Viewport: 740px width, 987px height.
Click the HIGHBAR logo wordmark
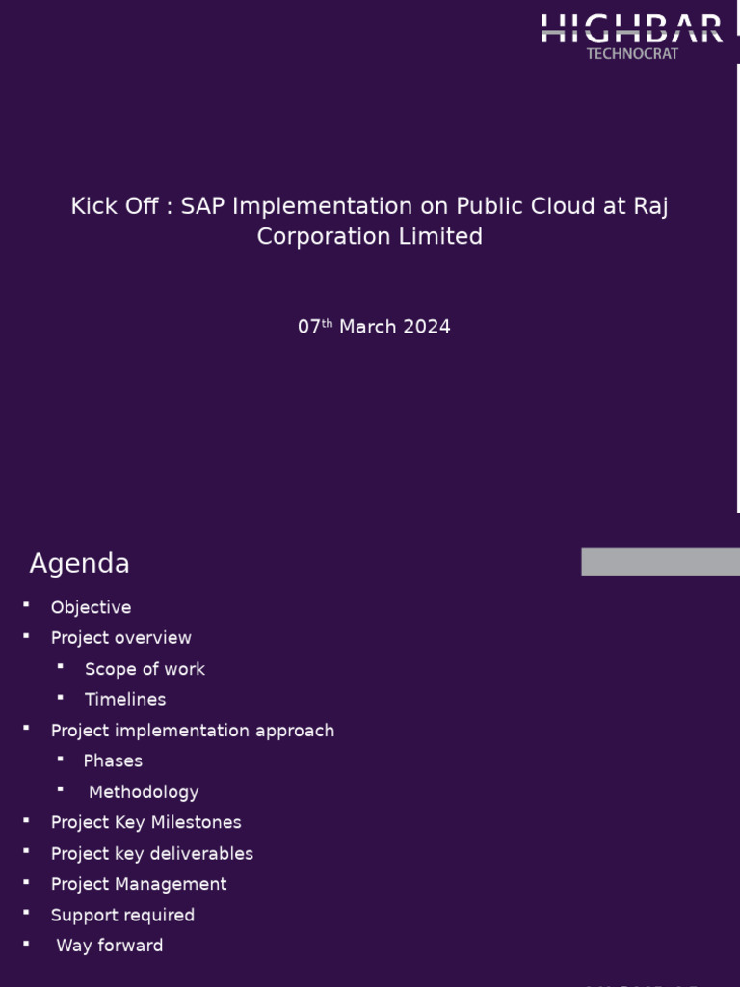click(631, 28)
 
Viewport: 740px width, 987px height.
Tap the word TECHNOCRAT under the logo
click(632, 54)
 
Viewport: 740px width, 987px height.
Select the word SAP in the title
click(201, 206)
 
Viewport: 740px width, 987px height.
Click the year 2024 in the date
click(427, 327)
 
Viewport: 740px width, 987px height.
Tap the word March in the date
click(368, 327)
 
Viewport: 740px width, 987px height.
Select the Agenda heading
click(79, 564)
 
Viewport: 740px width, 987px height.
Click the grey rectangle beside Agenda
click(660, 562)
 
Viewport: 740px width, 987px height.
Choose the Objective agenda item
click(91, 607)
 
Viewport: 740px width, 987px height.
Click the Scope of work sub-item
click(145, 669)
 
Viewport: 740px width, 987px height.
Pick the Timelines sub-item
click(125, 700)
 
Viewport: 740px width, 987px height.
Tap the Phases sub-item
click(113, 761)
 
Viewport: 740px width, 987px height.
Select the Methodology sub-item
click(144, 792)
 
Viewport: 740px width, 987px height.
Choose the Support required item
click(122, 915)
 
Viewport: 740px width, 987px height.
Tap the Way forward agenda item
click(109, 946)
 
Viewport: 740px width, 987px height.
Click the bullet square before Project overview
click(27, 635)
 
